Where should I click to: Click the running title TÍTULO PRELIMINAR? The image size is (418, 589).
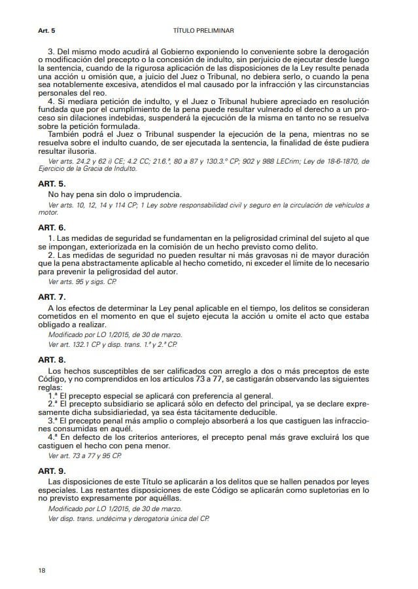coord(203,31)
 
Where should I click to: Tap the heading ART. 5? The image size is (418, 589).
coord(52,185)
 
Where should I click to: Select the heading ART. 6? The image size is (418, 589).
coord(52,227)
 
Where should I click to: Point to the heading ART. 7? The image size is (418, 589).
coord(52,297)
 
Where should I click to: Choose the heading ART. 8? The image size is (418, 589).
coord(52,359)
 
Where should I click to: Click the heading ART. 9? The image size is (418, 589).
coord(52,471)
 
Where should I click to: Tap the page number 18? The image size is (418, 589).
coord(42,571)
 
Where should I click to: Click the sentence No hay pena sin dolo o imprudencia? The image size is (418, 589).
coord(115,195)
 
